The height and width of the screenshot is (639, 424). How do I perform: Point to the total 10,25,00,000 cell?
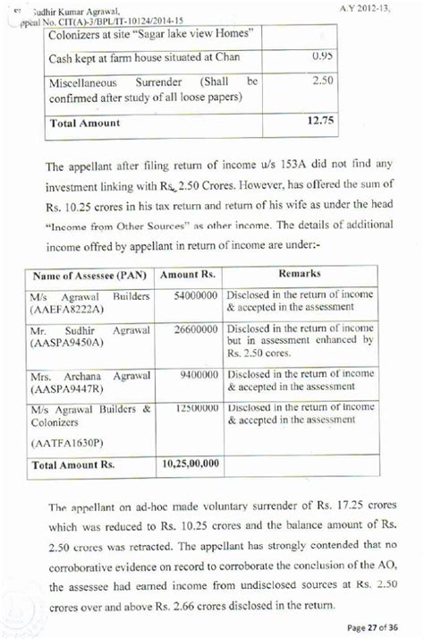click(191, 465)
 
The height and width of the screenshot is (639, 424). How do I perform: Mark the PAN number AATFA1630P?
click(68, 443)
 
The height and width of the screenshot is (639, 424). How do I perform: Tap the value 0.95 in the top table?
click(322, 55)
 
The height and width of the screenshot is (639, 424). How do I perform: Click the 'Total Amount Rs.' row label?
click(74, 465)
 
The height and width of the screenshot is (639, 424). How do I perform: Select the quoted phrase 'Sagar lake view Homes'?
click(193, 33)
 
